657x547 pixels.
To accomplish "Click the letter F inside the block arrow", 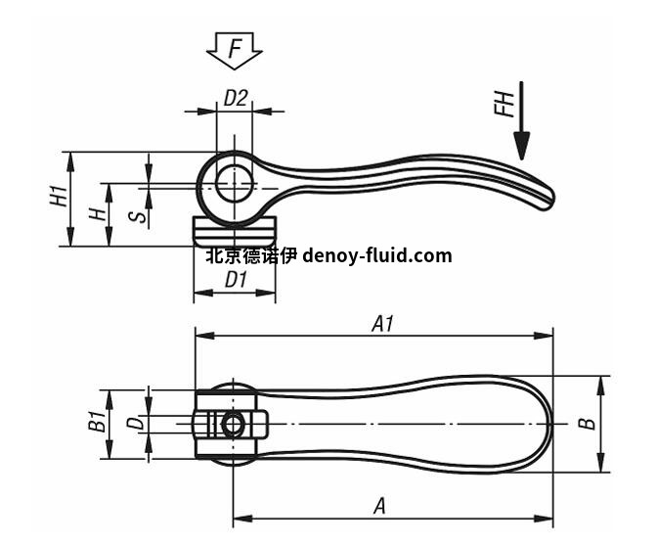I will pos(235,48).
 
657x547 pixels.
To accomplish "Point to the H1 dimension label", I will pos(59,195).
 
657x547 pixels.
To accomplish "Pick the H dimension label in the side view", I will pos(95,212).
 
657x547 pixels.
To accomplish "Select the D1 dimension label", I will pos(236,280).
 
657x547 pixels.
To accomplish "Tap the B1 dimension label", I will pos(96,423).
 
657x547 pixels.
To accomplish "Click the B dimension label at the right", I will pos(585,423).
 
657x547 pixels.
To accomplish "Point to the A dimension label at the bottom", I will pos(380,506).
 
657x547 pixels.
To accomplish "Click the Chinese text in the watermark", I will pos(250,256).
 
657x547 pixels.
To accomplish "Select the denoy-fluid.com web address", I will pos(377,256).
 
